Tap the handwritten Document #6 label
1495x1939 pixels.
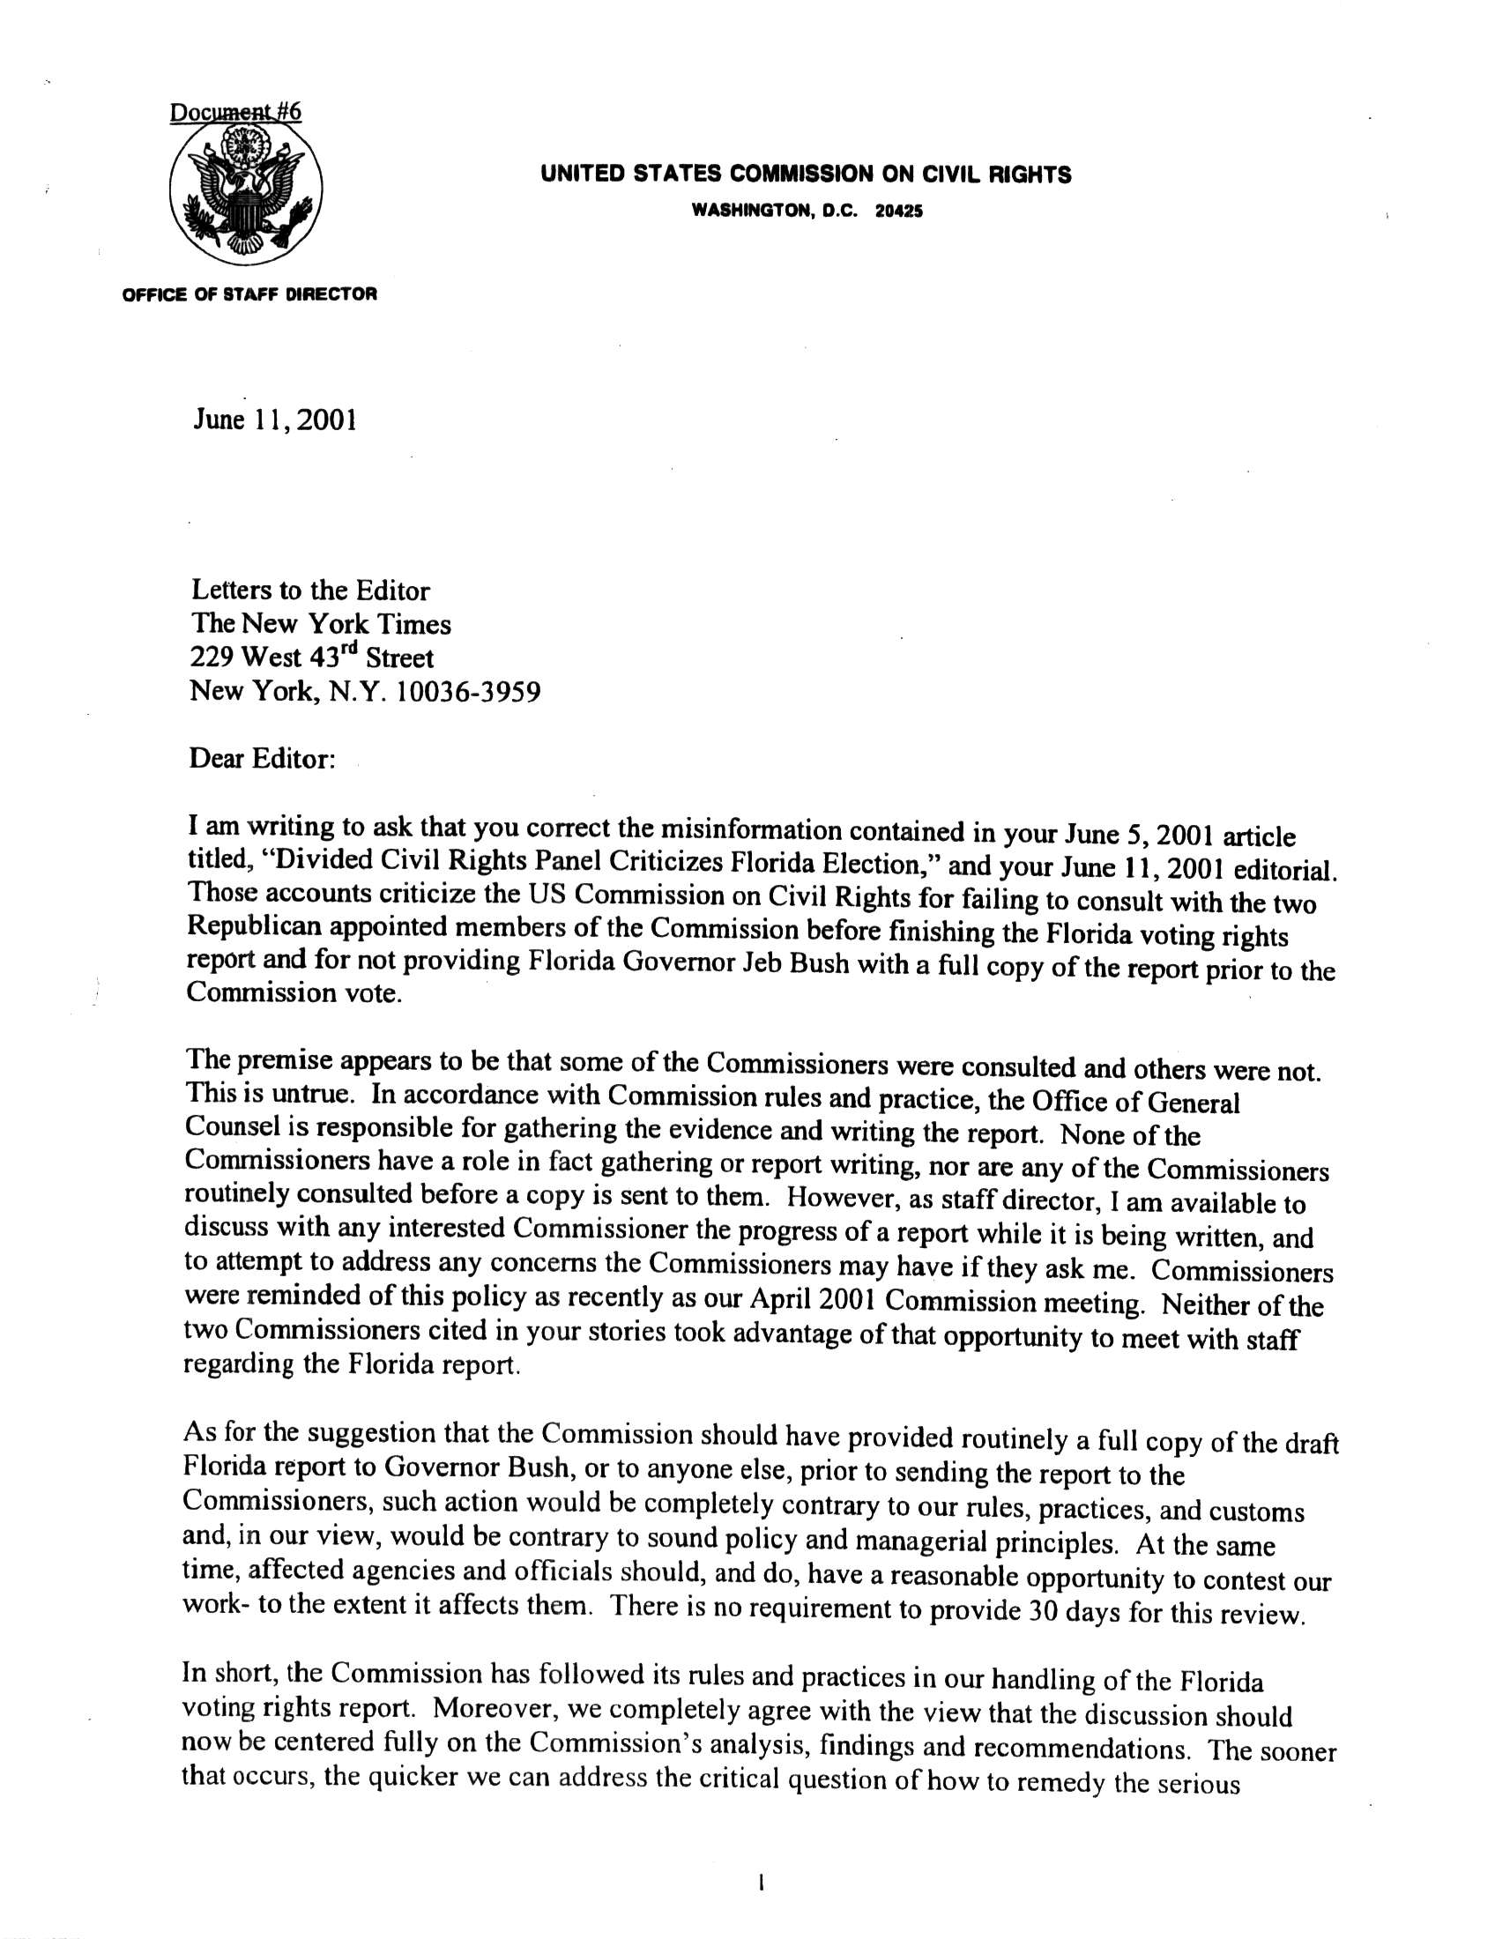[x=236, y=113]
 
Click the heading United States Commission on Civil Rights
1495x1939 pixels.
[x=805, y=175]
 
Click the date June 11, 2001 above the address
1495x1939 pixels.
[x=275, y=420]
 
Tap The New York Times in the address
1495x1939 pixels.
[x=321, y=624]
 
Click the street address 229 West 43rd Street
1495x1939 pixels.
[x=312, y=657]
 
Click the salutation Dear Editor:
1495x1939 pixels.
[x=262, y=761]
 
